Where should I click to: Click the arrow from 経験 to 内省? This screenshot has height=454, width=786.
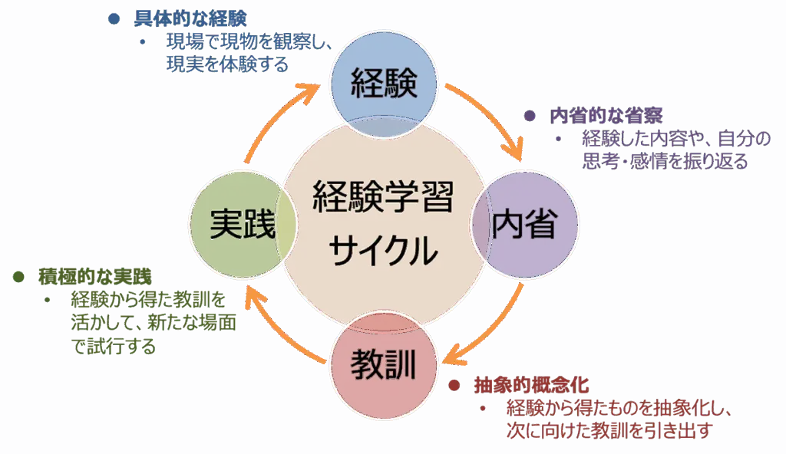click(491, 115)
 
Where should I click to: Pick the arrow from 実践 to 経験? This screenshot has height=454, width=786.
click(276, 115)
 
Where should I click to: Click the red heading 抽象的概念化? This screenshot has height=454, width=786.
click(530, 384)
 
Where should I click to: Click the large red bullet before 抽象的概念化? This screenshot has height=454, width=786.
click(454, 384)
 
